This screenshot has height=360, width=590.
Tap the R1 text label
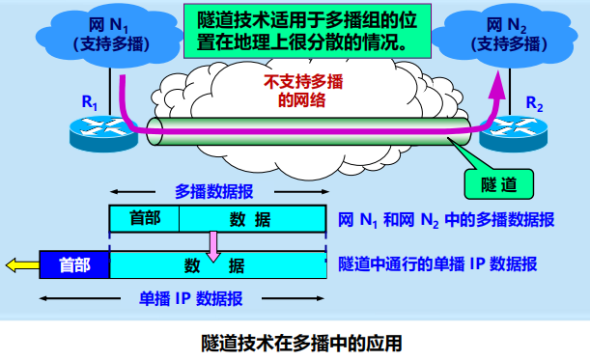(90, 100)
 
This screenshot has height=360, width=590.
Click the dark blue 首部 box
(74, 263)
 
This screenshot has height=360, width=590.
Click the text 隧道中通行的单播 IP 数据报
(437, 263)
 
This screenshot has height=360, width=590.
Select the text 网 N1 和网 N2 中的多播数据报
(446, 219)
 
